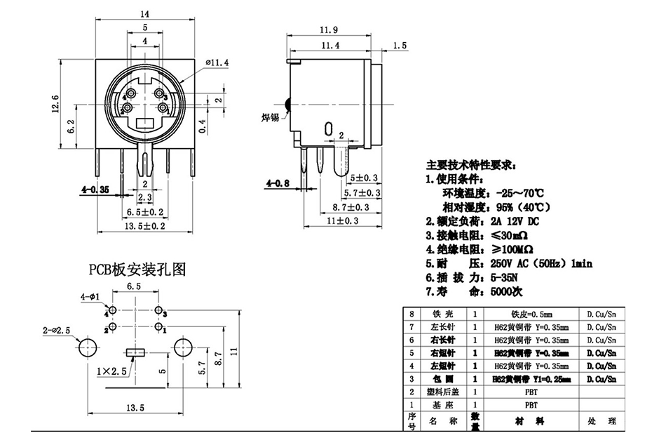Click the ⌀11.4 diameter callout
pos(217,64)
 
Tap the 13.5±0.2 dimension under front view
pos(144,226)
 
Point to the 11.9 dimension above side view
pos(329,29)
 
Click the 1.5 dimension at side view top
pos(400,46)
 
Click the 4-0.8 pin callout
pos(277,184)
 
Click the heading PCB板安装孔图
pos(137,269)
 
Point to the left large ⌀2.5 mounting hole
pos(88,347)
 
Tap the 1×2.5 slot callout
pos(111,370)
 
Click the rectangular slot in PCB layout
pos(135,352)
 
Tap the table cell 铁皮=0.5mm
pos(531,314)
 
